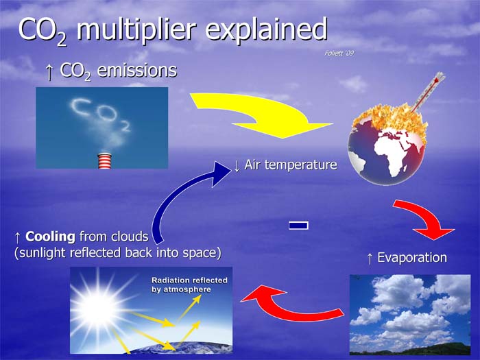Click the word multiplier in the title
(136, 29)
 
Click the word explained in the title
(266, 29)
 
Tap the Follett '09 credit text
(339, 53)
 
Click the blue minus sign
(298, 226)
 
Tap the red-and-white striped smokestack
(104, 160)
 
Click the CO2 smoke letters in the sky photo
(100, 114)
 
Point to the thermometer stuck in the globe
(428, 92)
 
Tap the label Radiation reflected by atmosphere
(189, 285)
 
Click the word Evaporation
(412, 258)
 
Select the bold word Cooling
(50, 237)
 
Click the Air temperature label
(291, 165)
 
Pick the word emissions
(137, 71)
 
